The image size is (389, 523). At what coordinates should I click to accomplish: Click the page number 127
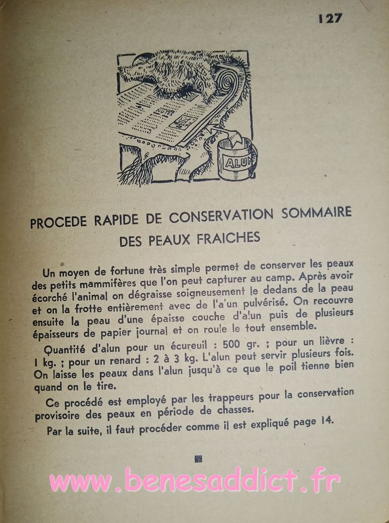tap(330, 18)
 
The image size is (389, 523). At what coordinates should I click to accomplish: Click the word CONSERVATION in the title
tap(221, 216)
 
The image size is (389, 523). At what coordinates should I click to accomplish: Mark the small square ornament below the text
tap(198, 459)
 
